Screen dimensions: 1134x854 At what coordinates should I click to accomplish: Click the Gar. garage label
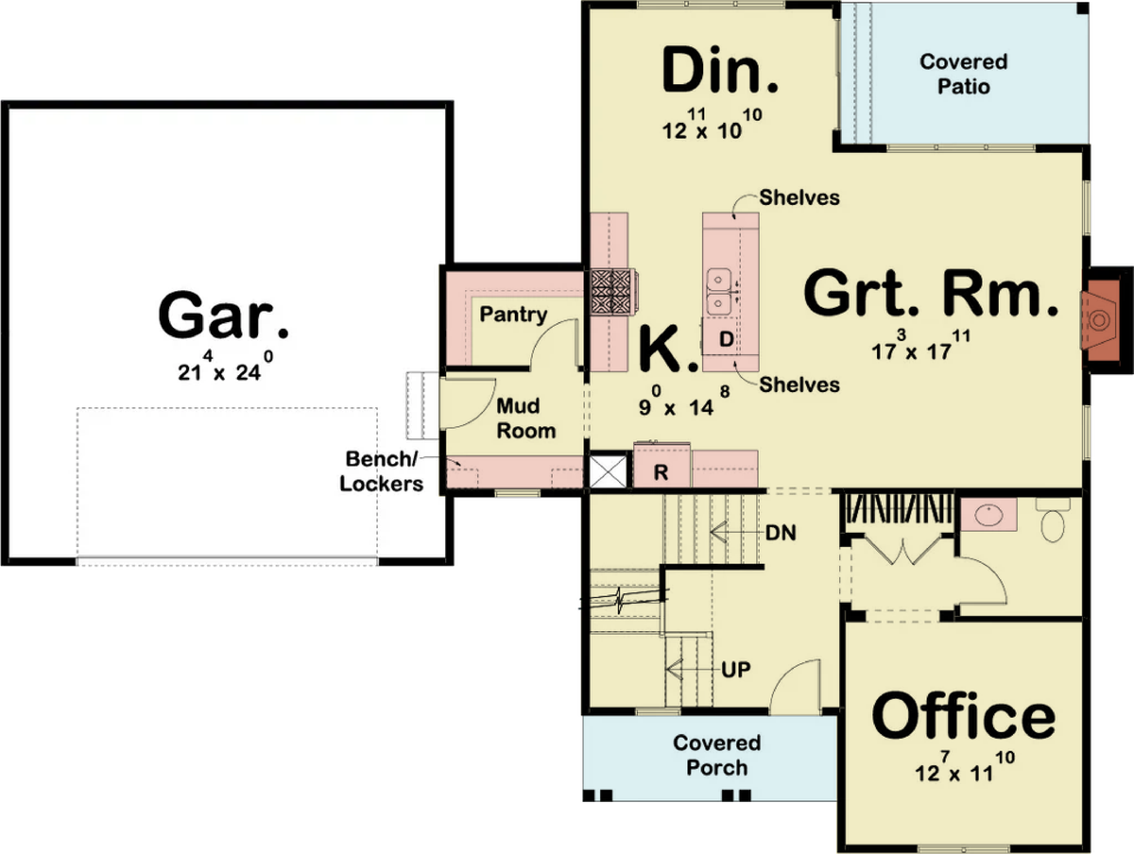(x=223, y=315)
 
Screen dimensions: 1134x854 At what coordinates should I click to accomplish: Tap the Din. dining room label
(x=720, y=69)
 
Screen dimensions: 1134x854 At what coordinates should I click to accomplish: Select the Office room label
(x=964, y=715)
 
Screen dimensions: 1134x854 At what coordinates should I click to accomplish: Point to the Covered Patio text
(x=964, y=74)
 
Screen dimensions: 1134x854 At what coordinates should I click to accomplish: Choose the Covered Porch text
(x=716, y=756)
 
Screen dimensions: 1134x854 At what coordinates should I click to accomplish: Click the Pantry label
(x=513, y=314)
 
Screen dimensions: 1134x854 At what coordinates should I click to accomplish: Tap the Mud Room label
(x=525, y=418)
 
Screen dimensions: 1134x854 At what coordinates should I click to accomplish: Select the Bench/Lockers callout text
(x=381, y=471)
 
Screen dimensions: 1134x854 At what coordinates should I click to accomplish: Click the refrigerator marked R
(x=661, y=465)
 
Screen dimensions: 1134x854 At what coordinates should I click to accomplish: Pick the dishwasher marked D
(x=726, y=339)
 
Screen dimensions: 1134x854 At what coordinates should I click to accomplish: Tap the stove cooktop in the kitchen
(x=611, y=292)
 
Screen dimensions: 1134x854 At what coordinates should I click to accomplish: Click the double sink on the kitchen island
(x=718, y=291)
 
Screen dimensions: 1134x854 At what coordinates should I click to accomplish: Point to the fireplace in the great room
(x=1100, y=320)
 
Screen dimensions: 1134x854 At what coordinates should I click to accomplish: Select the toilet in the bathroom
(x=1053, y=520)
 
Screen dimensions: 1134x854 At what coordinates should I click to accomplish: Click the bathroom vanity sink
(x=988, y=514)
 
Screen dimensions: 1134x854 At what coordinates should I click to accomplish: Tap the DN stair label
(x=781, y=533)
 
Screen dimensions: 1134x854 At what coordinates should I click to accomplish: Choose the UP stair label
(x=735, y=670)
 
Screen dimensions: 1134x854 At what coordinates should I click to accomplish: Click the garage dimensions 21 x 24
(x=225, y=367)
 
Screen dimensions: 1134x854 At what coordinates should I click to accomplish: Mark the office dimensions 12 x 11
(x=965, y=767)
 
